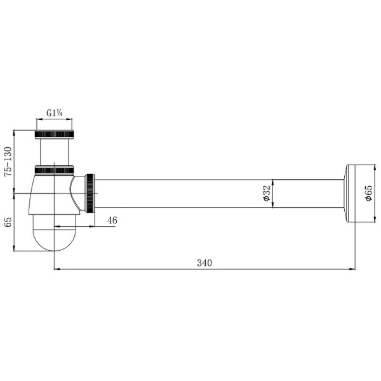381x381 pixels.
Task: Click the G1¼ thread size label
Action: pos(55,113)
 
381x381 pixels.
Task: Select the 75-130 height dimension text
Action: pos(8,161)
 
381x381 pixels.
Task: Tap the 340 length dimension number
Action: pos(204,263)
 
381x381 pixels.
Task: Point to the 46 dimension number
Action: pos(112,220)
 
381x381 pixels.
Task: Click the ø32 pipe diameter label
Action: pos(266,193)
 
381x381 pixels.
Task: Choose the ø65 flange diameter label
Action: pos(368,193)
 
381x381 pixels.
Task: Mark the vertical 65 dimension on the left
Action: pos(8,222)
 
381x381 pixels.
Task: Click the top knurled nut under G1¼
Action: pos(54,135)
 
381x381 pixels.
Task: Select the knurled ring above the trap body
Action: pos(54,170)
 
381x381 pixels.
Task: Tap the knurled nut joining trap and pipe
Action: pos(90,193)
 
